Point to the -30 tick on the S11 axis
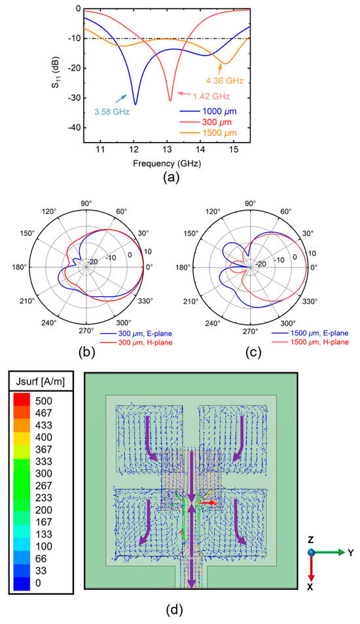coord(73,98)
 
